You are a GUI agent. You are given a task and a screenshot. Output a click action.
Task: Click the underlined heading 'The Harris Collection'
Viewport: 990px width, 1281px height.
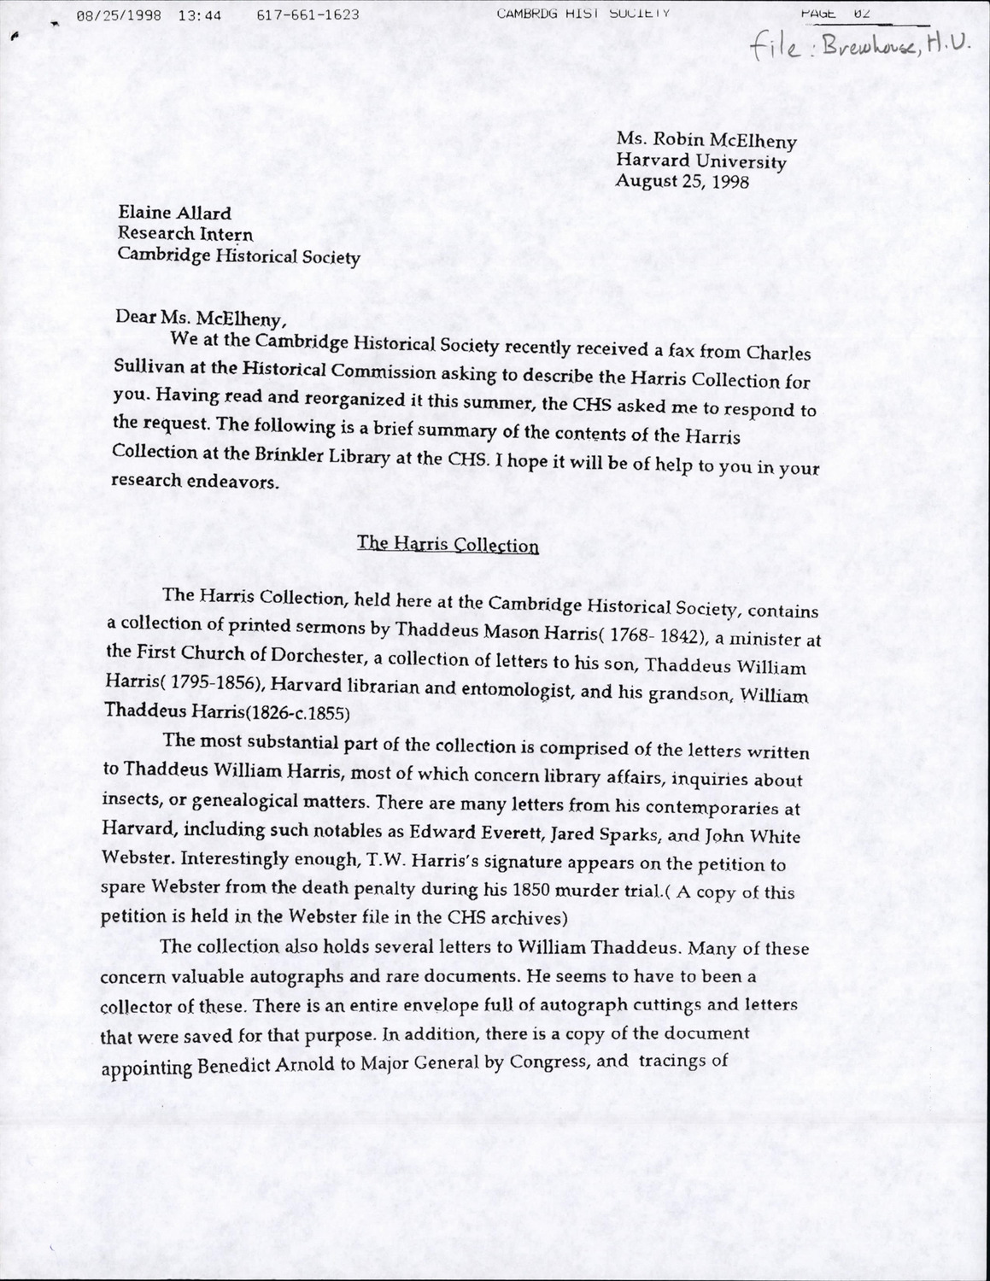(448, 544)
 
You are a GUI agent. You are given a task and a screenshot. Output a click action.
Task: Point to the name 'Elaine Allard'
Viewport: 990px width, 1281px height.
(174, 213)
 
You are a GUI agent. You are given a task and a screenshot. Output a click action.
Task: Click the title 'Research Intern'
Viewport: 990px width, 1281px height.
(185, 234)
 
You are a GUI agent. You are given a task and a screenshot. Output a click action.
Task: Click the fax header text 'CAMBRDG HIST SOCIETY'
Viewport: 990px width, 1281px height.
(583, 13)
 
